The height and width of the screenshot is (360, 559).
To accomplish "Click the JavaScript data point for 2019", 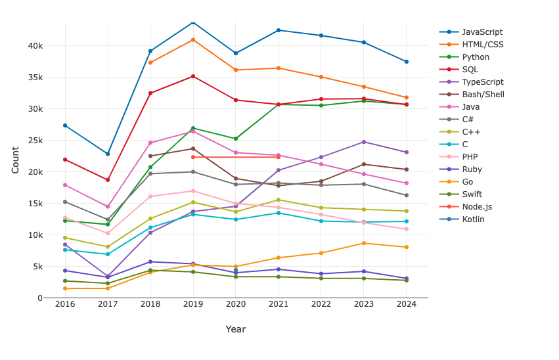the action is [193, 23].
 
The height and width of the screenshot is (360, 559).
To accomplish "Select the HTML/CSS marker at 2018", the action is [150, 62].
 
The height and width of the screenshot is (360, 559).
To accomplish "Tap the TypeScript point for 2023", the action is [364, 142].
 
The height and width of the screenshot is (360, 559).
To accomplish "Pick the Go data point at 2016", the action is [65, 288].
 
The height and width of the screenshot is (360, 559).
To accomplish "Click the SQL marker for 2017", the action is [108, 180].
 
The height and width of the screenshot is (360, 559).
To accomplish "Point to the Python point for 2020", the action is [236, 139].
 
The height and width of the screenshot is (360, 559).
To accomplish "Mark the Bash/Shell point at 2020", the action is [236, 179].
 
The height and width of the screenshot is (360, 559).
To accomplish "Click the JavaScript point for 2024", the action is [407, 62].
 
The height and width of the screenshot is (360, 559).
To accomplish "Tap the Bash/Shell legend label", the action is [483, 95].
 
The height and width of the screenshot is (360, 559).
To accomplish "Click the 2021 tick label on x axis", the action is [279, 304].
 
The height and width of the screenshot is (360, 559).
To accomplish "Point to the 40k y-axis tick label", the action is [35, 46].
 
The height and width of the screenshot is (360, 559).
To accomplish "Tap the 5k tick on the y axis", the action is [37, 267].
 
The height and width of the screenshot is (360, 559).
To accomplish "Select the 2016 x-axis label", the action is [65, 304].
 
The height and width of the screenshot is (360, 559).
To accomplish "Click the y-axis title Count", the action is [15, 160].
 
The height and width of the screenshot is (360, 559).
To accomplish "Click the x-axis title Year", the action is [236, 329].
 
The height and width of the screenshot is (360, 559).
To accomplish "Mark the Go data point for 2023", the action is [364, 244].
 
